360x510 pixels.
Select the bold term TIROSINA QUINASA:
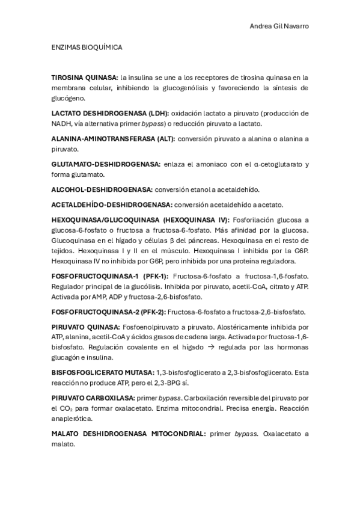[85, 78]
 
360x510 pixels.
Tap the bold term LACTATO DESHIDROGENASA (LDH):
[111, 113]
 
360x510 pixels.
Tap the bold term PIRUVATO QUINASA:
[85, 327]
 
